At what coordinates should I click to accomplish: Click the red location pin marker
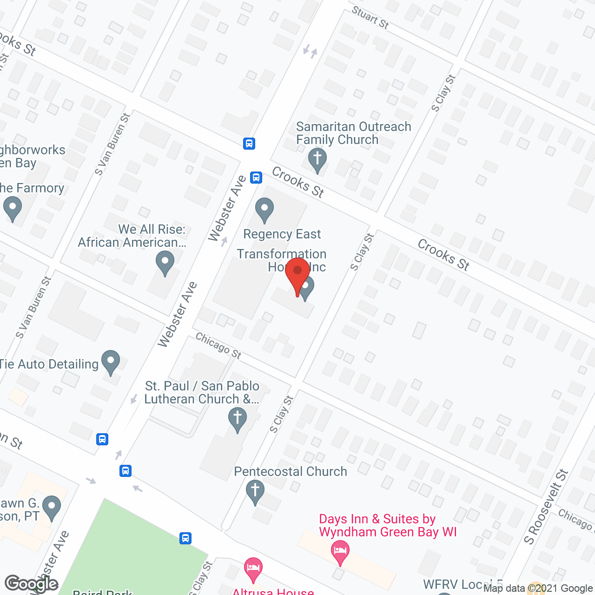point(297,274)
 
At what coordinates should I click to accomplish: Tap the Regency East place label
point(282,234)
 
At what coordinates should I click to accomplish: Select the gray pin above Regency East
point(264,210)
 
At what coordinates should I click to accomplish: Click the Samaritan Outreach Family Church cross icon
point(317,159)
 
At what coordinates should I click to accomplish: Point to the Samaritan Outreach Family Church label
point(353,133)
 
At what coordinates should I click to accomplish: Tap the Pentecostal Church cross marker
point(255,491)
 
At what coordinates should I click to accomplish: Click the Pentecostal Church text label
point(291,471)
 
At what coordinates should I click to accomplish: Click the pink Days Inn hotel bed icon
point(340,552)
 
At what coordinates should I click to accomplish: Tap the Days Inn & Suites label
point(388,525)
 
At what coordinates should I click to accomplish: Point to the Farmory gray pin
point(13,208)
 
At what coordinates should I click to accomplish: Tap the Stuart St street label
point(370,17)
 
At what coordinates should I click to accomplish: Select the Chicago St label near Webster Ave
point(218,346)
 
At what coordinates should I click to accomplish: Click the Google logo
point(32,584)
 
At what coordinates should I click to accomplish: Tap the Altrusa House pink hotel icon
point(253,569)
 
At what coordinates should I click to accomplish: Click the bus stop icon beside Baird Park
point(185,538)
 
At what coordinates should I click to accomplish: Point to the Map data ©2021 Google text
point(538,588)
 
